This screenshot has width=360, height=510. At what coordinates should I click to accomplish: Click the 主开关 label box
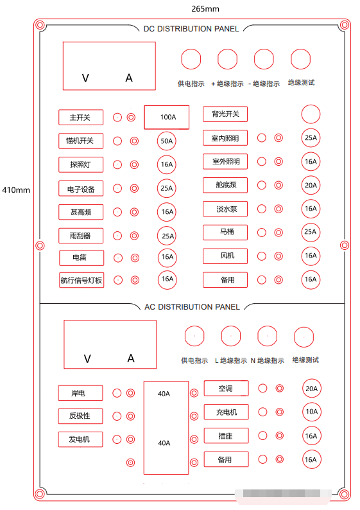pyautogui.click(x=81, y=118)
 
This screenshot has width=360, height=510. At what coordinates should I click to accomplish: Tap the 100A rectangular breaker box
pyautogui.click(x=167, y=117)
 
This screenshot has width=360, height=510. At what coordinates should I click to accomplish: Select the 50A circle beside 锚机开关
pyautogui.click(x=167, y=141)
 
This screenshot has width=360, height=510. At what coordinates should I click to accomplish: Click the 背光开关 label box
pyautogui.click(x=225, y=114)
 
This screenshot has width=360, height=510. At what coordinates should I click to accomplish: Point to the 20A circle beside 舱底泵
pyautogui.click(x=311, y=185)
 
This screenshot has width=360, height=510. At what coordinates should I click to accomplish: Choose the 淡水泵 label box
pyautogui.click(x=225, y=209)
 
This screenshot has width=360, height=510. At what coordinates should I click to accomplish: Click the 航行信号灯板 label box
pyautogui.click(x=81, y=280)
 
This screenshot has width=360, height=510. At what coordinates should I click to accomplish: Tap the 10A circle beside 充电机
pyautogui.click(x=312, y=412)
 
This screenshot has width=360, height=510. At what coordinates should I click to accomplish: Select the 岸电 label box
pyautogui.click(x=80, y=393)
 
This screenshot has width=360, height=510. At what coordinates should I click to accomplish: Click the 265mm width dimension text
pyautogui.click(x=205, y=9)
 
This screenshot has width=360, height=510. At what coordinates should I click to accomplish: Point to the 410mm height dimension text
pyautogui.click(x=16, y=190)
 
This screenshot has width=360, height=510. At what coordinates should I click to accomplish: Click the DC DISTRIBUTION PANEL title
pyautogui.click(x=191, y=29)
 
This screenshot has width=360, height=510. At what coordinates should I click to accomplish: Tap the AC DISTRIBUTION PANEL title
pyautogui.click(x=192, y=307)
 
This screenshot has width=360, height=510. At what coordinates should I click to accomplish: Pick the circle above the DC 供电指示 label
pyautogui.click(x=191, y=59)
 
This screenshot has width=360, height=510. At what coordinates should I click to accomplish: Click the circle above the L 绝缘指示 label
pyautogui.click(x=230, y=336)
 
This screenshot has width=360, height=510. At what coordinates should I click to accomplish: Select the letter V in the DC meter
pyautogui.click(x=85, y=78)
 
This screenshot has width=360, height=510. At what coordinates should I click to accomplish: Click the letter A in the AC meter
pyautogui.click(x=131, y=358)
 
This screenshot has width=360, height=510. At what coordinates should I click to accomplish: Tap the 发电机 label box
pyautogui.click(x=80, y=439)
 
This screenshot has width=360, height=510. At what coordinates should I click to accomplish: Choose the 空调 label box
pyautogui.click(x=226, y=389)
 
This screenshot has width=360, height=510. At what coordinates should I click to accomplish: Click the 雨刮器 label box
pyautogui.click(x=81, y=236)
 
